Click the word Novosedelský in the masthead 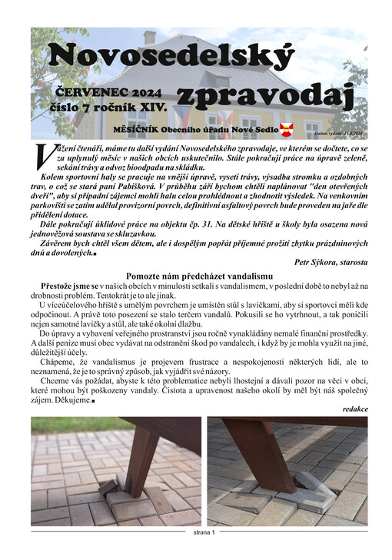pos(171,56)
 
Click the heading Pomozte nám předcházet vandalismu pos(199,275)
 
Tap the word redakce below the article pos(354,408)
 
